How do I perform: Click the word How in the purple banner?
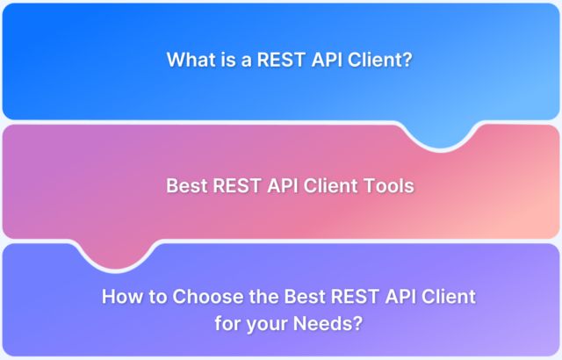tap(121, 297)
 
